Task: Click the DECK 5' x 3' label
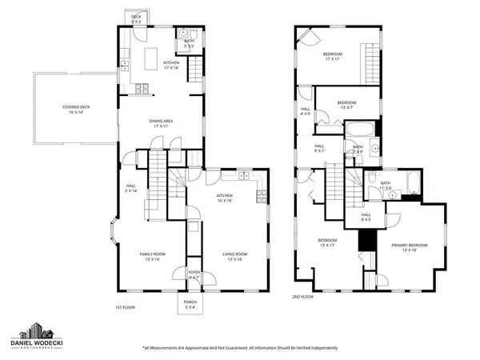point(136,18)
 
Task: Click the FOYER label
point(194,275)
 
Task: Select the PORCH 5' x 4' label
point(190,303)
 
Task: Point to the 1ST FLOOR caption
point(125,306)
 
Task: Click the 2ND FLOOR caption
point(303,297)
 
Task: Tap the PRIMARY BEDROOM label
point(409,247)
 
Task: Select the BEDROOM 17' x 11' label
point(333,57)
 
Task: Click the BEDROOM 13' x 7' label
point(346,105)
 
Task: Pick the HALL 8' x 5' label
point(366,216)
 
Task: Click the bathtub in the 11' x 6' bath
point(412,186)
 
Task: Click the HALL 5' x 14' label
point(132,189)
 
